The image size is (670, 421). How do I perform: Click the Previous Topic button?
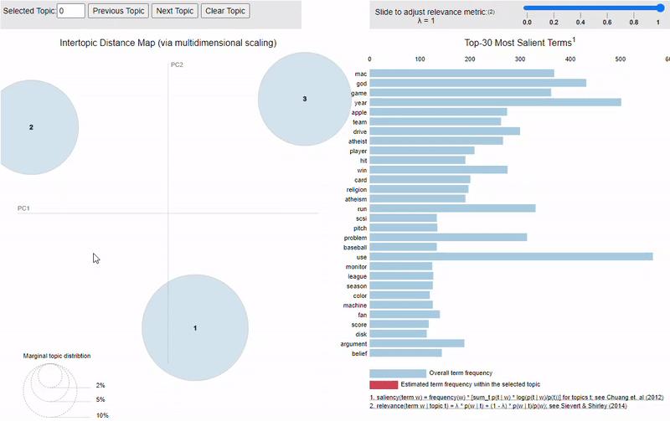tap(118, 11)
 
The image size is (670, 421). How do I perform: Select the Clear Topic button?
tap(225, 11)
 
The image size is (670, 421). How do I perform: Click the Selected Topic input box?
tap(72, 11)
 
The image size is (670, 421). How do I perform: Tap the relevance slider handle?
tap(660, 8)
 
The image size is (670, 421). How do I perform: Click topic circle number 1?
tap(195, 327)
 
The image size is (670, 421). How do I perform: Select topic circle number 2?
tap(31, 127)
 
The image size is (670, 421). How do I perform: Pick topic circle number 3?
tap(305, 99)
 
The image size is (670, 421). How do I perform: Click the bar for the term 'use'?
tap(511, 256)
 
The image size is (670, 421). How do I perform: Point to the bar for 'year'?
tap(495, 102)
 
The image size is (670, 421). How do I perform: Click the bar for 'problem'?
tap(448, 237)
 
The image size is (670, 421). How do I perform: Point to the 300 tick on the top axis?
tap(520, 59)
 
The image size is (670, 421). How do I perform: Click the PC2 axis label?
tap(177, 64)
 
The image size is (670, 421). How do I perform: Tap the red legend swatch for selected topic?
tap(384, 384)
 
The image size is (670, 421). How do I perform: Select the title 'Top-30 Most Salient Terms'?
tap(518, 42)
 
